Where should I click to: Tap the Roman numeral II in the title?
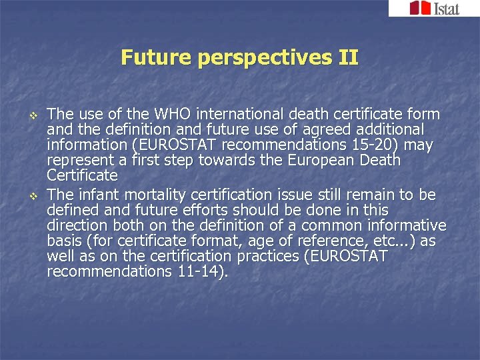click(348, 57)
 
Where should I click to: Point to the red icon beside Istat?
click(419, 8)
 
